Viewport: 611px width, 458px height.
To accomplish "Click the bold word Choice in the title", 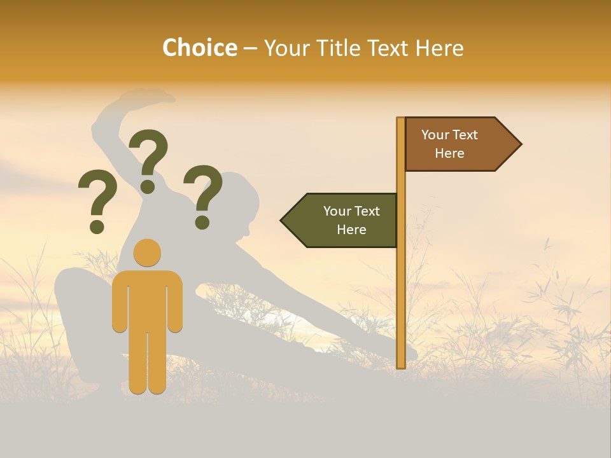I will click(199, 48).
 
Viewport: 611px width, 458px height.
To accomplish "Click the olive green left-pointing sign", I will click(344, 220).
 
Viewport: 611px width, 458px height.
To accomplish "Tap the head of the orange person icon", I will click(147, 253).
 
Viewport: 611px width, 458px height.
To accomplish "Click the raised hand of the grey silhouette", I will click(153, 97).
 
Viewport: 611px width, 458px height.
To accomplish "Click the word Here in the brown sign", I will click(449, 153).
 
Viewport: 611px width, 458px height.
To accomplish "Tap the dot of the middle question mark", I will click(148, 186).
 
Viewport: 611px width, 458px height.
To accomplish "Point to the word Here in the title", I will click(439, 48).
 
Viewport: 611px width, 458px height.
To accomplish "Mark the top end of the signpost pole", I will click(401, 120).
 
